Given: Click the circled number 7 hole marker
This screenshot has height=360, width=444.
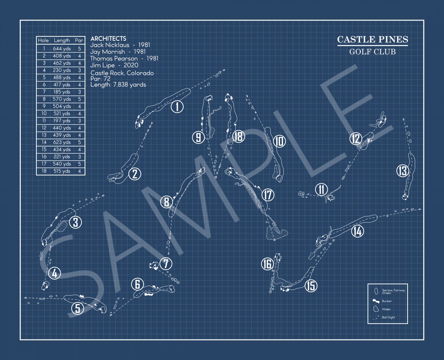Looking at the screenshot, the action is [166, 264].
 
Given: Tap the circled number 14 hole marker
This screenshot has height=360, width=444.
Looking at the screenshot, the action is [358, 231].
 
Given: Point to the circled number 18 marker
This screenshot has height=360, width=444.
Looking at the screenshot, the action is [238, 137].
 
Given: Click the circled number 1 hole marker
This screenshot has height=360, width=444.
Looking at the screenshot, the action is [177, 107].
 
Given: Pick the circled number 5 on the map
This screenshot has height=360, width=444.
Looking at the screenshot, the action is [77, 308].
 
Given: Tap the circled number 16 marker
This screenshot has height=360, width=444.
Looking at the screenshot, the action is [268, 264].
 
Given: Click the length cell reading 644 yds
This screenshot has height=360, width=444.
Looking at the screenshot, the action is [62, 49].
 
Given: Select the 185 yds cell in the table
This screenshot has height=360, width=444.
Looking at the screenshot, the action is [62, 92].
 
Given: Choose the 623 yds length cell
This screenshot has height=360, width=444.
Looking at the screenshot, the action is [62, 142].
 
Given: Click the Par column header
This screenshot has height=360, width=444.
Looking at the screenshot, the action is [79, 40].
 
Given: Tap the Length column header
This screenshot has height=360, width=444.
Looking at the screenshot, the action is [62, 40].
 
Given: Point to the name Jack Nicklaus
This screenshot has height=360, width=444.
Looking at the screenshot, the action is [109, 45].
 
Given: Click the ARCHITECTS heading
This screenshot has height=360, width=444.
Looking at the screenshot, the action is [108, 39].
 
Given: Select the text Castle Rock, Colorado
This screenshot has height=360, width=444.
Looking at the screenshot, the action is [122, 73].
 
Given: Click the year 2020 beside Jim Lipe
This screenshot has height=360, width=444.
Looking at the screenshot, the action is [131, 65].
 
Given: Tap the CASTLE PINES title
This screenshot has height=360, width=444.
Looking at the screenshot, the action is [372, 39].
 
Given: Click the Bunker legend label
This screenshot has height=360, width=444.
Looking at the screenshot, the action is [387, 301].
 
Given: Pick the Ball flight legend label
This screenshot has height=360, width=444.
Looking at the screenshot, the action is [388, 317].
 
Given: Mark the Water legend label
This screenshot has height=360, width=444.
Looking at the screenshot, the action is [386, 309].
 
